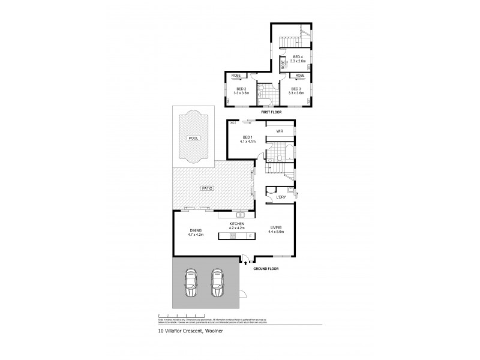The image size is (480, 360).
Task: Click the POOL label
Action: [193, 138]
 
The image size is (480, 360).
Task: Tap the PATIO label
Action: [207, 188]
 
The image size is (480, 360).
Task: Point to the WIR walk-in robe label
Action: [279, 131]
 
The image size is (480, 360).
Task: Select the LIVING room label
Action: [276, 228]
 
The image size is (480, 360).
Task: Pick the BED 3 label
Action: [296, 89]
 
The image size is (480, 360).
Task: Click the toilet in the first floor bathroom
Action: [262, 90]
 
